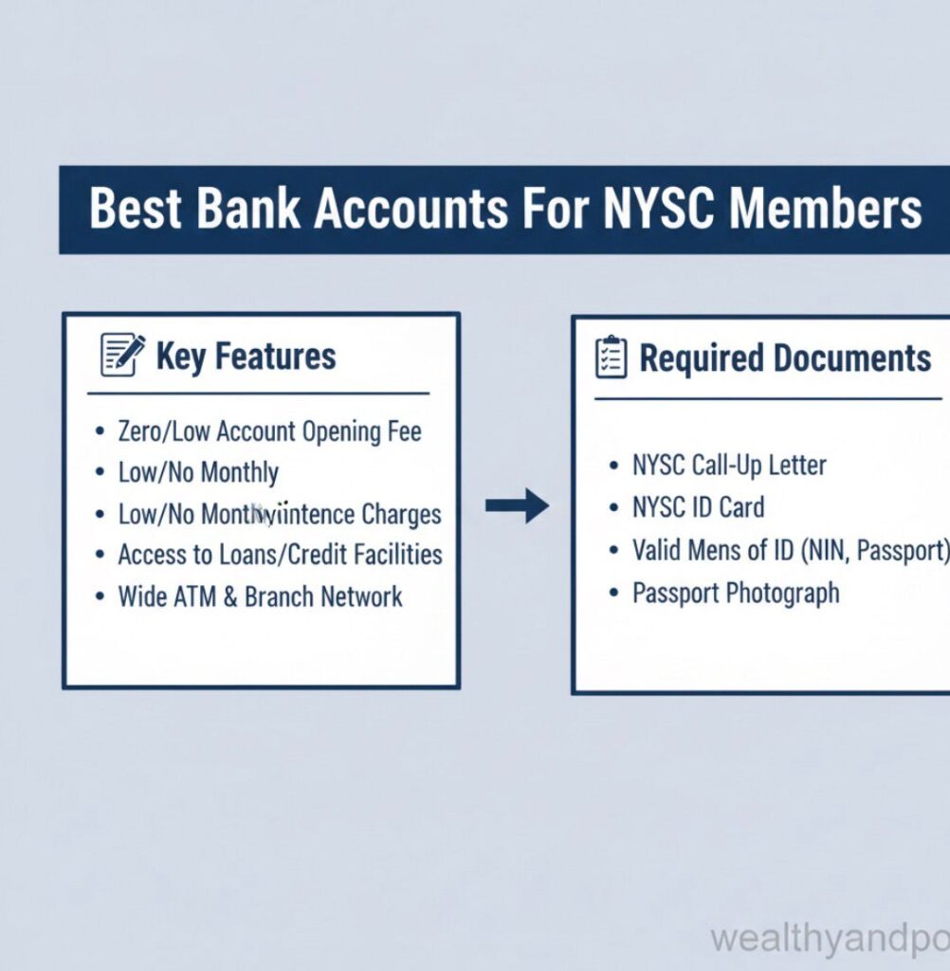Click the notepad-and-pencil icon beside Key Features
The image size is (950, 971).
click(x=123, y=355)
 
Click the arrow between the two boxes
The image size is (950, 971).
click(x=517, y=505)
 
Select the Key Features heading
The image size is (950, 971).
click(x=246, y=357)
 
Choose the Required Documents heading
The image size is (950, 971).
click(x=785, y=358)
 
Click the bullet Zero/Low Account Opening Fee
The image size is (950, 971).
click(x=269, y=431)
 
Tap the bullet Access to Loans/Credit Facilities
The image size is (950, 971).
click(x=280, y=555)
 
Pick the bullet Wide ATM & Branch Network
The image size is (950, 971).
click(x=260, y=596)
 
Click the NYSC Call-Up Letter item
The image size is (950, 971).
click(x=729, y=466)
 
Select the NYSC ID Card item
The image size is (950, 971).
click(x=698, y=507)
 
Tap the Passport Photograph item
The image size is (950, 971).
click(x=736, y=594)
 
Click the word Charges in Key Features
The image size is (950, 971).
click(x=401, y=514)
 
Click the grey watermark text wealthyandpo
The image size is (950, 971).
click(x=830, y=940)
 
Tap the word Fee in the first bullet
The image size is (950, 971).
click(x=402, y=431)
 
